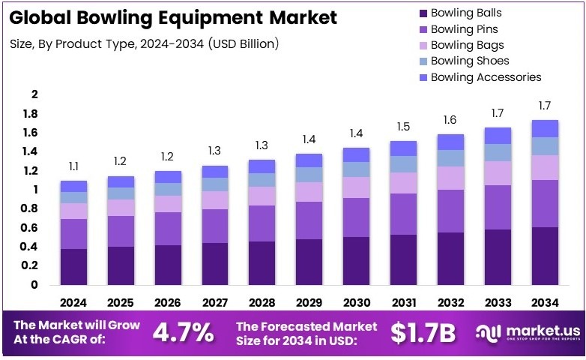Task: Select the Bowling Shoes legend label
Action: [470, 61]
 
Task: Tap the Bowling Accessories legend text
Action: [486, 77]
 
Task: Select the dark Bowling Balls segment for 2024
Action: [73, 266]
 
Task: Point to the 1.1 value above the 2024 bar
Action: [73, 166]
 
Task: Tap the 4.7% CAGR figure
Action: [183, 332]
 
